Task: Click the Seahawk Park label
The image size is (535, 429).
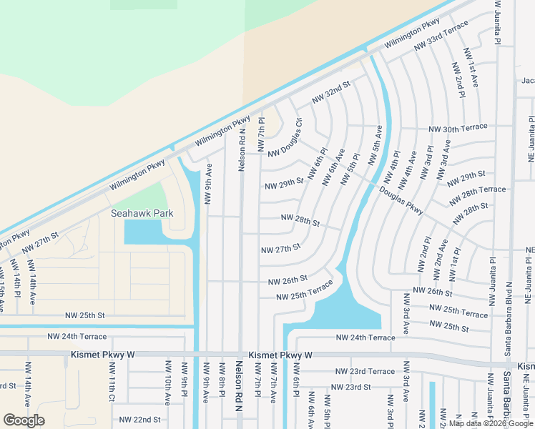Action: pos(142,213)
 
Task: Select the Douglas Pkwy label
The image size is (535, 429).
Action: pos(401,202)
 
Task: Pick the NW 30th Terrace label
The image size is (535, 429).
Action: pos(458,128)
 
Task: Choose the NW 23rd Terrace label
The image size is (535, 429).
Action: pos(365,372)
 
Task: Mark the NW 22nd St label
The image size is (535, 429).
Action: pos(139,420)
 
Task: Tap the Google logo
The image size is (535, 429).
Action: pos(24,420)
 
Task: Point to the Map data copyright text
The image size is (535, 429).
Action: pos(490,424)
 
